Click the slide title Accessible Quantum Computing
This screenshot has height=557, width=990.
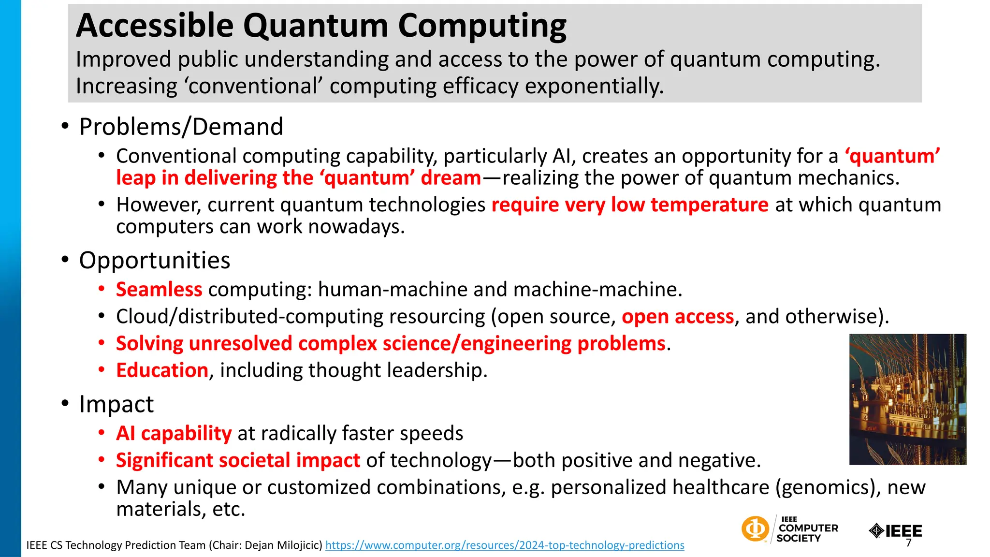tap(321, 26)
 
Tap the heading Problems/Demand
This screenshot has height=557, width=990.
tap(181, 127)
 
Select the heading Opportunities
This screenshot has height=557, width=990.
tap(154, 261)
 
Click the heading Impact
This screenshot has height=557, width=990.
tap(116, 404)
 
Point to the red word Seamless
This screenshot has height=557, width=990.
tap(159, 290)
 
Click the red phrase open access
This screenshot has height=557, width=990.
tap(677, 317)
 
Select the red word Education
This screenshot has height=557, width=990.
tap(162, 370)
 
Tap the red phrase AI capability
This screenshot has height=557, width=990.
tap(174, 433)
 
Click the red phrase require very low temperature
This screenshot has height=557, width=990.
tap(629, 205)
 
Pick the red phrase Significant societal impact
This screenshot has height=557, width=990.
tap(238, 460)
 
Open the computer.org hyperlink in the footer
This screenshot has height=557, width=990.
tap(505, 545)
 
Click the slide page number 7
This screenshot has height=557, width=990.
tap(908, 543)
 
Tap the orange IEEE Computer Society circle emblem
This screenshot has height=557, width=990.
tap(755, 528)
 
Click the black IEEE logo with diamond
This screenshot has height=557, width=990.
tap(895, 531)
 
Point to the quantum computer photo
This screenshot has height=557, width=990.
tap(907, 399)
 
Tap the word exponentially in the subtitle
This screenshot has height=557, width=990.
tap(594, 87)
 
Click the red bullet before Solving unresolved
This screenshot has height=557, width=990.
tap(102, 343)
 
